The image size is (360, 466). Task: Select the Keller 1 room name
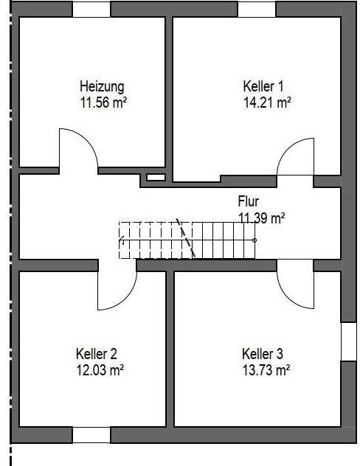263,86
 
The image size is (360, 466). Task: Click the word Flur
249,201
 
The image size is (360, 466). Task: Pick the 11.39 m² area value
261,217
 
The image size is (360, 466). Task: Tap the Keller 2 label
96,352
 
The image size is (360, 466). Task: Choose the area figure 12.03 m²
100,369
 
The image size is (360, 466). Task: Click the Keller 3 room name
263,352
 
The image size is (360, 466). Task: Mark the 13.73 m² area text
266,369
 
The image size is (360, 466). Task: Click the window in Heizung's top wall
91,10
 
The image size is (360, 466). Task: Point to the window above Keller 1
256,10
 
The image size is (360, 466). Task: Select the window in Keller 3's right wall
348,341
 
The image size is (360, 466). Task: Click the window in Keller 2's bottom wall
91,435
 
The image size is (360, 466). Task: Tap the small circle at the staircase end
255,240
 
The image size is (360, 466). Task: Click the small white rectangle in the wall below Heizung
156,178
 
